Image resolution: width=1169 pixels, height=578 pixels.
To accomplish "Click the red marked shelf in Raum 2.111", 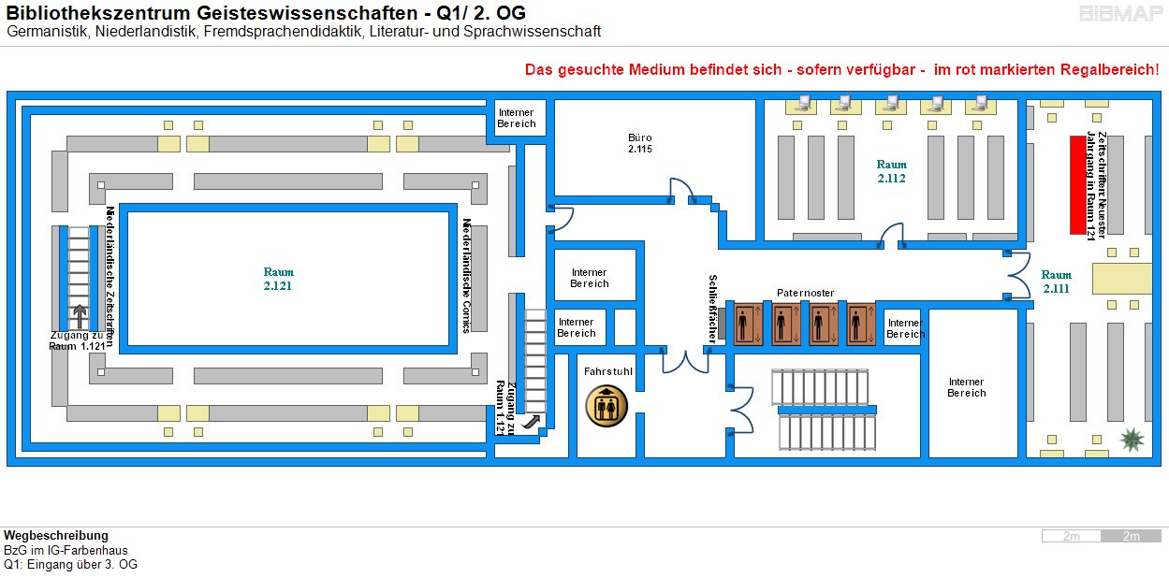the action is tap(1077, 185).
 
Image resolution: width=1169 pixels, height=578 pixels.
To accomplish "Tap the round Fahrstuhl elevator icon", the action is tap(606, 406).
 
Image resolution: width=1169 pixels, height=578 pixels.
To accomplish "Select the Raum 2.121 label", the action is tap(278, 279).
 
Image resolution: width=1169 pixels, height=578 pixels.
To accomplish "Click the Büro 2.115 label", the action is tap(640, 143).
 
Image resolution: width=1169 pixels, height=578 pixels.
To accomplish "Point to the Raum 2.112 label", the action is tap(891, 172).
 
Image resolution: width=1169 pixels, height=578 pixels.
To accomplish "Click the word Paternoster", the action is tap(805, 293).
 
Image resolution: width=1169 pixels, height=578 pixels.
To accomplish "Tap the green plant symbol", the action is tap(1132, 440).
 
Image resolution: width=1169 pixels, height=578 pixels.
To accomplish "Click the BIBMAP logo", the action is tap(1120, 14).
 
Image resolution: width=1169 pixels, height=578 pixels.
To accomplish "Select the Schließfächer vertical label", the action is tap(713, 309).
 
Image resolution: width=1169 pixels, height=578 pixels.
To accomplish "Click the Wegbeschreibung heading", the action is tap(56, 536).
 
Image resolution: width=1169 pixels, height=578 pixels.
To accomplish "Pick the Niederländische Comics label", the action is tap(466, 276).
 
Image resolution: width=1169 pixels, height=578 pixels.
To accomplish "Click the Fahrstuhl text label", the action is tap(608, 371).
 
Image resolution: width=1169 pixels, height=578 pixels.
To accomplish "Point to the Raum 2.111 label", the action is tap(1057, 282).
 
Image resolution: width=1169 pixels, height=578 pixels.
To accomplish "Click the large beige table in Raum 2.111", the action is tap(1122, 279).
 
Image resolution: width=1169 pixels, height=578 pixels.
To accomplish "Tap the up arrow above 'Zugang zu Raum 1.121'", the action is tap(80, 316).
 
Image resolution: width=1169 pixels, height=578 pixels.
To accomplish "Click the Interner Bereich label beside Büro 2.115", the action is tap(516, 118).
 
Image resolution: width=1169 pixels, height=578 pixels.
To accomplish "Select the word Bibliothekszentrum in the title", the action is tap(98, 12).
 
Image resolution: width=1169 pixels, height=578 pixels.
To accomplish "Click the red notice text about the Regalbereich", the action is tap(841, 69).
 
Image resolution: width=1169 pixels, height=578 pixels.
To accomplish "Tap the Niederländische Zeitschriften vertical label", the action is tap(110, 277).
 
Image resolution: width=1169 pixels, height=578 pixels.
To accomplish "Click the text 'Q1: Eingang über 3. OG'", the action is tap(70, 564).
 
